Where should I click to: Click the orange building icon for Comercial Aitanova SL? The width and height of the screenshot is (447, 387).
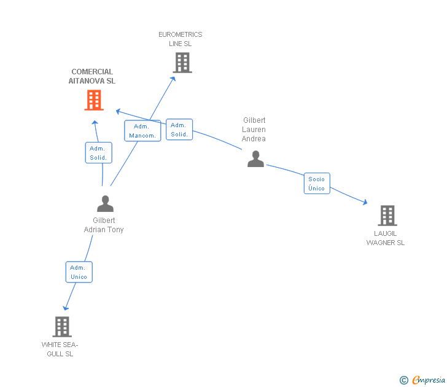[94, 100]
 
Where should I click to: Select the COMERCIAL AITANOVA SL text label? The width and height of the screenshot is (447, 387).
[92, 76]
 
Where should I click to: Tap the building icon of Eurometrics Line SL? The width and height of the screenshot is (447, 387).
[182, 63]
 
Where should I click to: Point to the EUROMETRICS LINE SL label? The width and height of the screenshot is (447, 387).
[181, 39]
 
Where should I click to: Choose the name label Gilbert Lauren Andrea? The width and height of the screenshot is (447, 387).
[254, 130]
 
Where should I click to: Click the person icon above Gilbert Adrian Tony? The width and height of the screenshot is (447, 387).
[105, 203]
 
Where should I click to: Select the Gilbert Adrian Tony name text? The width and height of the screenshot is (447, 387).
[104, 225]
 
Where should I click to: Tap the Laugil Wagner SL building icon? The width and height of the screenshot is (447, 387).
[387, 216]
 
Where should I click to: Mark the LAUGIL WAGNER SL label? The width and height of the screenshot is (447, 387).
[386, 238]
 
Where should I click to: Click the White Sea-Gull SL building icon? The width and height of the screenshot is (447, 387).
[62, 327]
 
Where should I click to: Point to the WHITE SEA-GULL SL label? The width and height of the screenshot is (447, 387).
[60, 349]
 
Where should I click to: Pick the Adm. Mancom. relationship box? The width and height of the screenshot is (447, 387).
[142, 131]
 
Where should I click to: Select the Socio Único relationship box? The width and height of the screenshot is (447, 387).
[317, 184]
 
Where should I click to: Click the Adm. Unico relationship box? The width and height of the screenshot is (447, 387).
[79, 272]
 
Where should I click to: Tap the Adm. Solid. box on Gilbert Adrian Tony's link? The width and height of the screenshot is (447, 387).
[98, 153]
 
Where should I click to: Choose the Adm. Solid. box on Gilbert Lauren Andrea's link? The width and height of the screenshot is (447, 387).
[179, 130]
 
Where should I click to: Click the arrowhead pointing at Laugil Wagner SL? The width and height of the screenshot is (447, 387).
[364, 202]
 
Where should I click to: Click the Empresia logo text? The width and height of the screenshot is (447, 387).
[429, 380]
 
